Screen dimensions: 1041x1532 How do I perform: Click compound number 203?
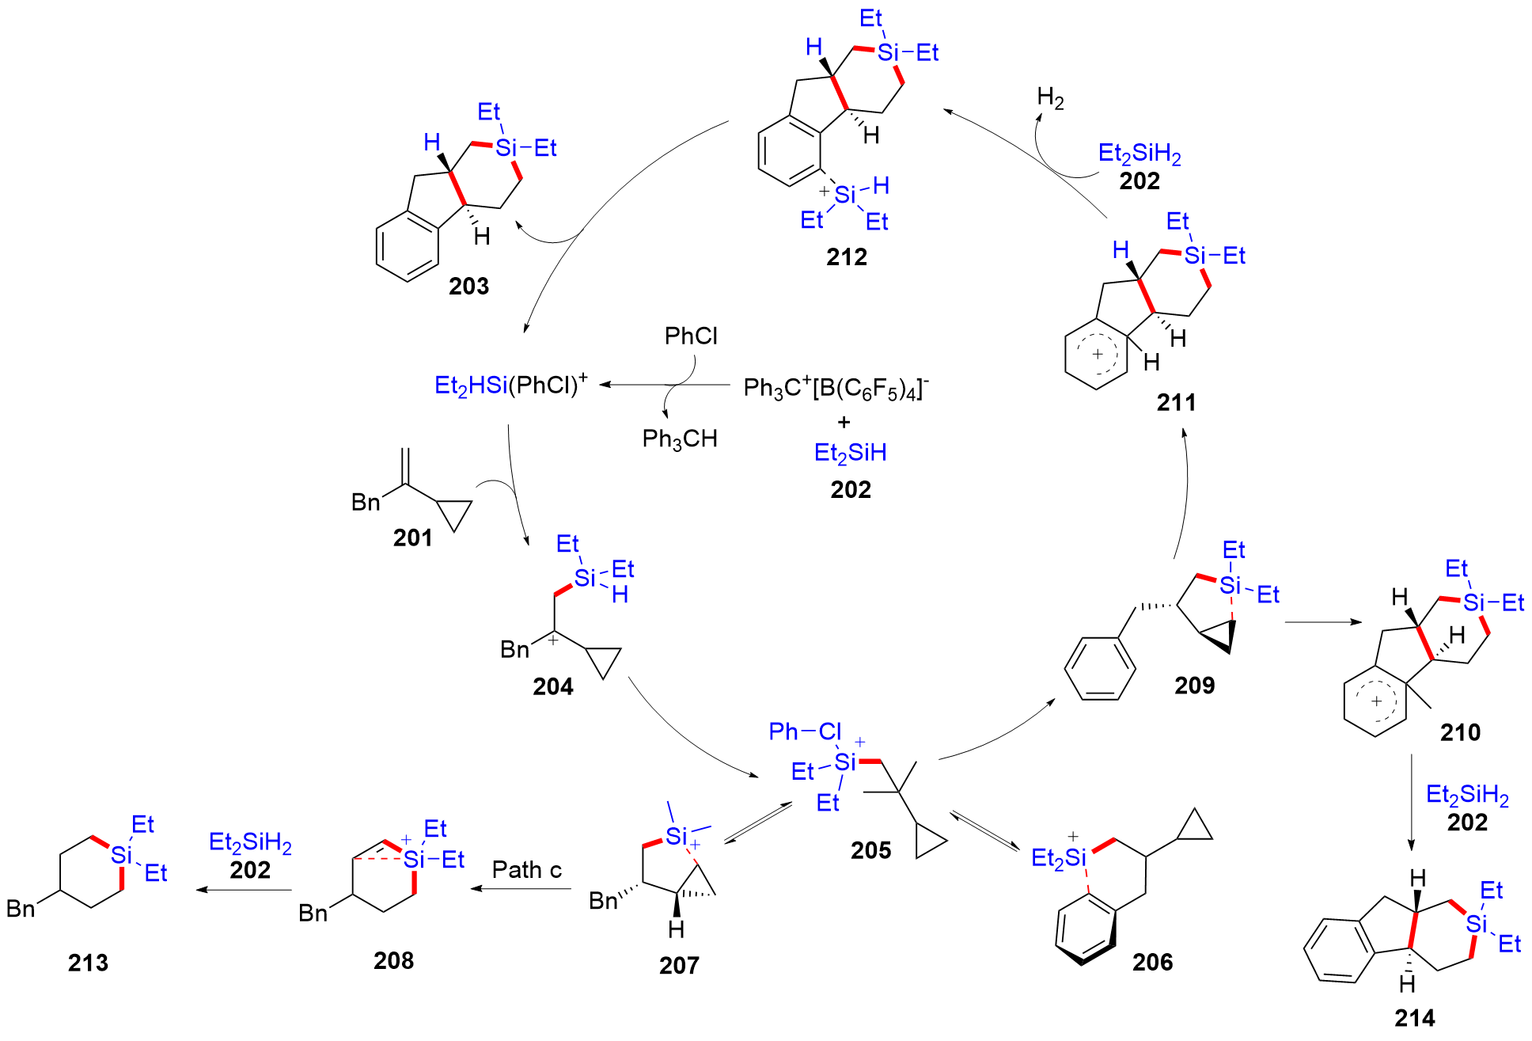468,286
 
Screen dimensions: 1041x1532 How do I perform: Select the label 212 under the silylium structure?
847,256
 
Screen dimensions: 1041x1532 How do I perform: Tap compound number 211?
1176,402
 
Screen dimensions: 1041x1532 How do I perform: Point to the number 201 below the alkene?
412,538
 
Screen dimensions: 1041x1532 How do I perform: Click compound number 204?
552,686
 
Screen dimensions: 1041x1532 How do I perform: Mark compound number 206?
1152,962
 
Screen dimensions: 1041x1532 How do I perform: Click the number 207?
679,965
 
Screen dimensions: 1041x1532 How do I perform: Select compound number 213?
88,963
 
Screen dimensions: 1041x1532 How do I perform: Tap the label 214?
1415,1018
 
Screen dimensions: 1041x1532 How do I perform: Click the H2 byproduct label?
1050,99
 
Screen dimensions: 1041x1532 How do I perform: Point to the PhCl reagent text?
691,336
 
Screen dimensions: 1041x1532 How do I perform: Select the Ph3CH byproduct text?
680,439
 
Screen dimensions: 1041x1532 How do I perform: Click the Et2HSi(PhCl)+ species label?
511,385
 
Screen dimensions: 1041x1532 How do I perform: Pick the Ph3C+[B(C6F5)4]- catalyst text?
836,388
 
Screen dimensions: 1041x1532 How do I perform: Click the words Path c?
526,870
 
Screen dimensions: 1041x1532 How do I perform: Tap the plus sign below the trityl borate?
844,422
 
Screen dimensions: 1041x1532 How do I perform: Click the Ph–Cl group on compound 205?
804,731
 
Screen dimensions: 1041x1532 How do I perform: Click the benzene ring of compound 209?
1100,668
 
